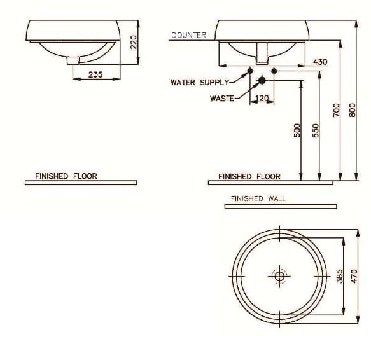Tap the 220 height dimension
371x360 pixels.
click(x=133, y=42)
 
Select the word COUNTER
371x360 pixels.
click(x=188, y=35)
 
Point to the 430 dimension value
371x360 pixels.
click(x=320, y=62)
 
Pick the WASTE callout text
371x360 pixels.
click(x=222, y=98)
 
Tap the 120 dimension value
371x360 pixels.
click(x=262, y=98)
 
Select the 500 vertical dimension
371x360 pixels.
click(x=297, y=130)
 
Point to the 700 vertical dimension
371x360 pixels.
click(x=337, y=110)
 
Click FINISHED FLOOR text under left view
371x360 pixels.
click(x=66, y=176)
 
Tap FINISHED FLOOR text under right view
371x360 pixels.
click(x=249, y=176)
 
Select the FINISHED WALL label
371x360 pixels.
click(x=258, y=198)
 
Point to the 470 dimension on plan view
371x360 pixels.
click(x=356, y=276)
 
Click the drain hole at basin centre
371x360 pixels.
click(x=279, y=276)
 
